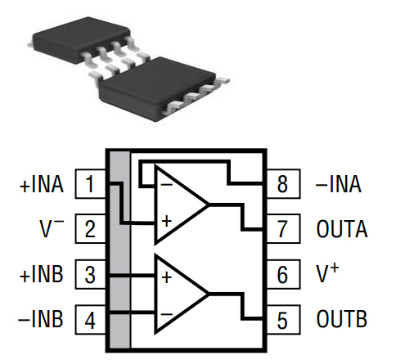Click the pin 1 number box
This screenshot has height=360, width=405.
90,184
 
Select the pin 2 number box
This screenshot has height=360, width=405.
90,228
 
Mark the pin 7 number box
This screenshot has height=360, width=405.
282,228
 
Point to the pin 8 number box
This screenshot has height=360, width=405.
282,184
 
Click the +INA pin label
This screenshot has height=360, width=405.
41,184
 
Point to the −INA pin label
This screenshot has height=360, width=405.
339,184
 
